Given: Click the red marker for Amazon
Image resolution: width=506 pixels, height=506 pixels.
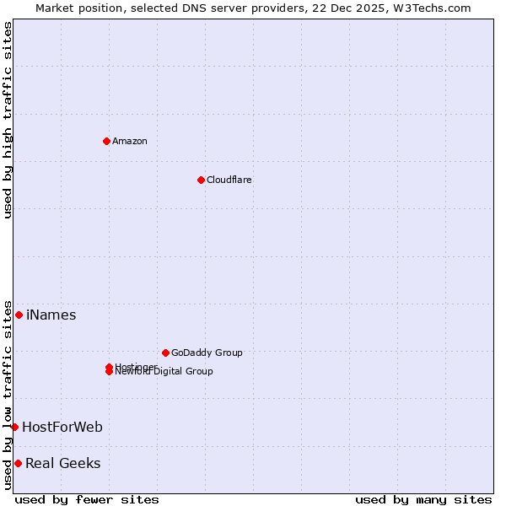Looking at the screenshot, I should click(106, 141).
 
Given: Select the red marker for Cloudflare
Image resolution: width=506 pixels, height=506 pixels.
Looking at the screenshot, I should click(201, 180).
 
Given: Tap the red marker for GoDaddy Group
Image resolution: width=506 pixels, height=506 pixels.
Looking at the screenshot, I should click(165, 353).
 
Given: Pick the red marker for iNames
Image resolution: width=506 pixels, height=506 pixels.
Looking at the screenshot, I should click(19, 315).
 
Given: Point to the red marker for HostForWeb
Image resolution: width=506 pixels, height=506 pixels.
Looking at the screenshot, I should click(14, 427).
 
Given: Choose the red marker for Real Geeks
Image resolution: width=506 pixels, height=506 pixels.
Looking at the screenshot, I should click(18, 463).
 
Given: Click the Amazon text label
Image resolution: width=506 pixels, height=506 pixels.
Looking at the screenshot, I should click(130, 141).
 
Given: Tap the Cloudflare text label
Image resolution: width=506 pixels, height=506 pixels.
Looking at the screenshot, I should click(229, 180).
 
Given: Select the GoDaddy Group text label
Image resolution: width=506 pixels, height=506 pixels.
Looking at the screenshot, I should click(207, 353).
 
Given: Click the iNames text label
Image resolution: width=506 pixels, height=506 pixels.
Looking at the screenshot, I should click(51, 315).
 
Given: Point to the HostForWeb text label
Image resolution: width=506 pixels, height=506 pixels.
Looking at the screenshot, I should click(62, 428).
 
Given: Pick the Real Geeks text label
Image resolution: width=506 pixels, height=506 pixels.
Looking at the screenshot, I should click(63, 464).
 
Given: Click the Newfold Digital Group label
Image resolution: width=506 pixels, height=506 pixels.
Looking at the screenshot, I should click(165, 372).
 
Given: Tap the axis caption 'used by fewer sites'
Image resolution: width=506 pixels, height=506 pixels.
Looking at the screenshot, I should click(87, 499).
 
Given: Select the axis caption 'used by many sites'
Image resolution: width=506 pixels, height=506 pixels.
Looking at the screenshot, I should click(423, 499).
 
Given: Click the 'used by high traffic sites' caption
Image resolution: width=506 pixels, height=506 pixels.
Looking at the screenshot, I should click(8, 120).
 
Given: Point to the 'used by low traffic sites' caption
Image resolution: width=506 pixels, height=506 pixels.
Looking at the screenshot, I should click(8, 395).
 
